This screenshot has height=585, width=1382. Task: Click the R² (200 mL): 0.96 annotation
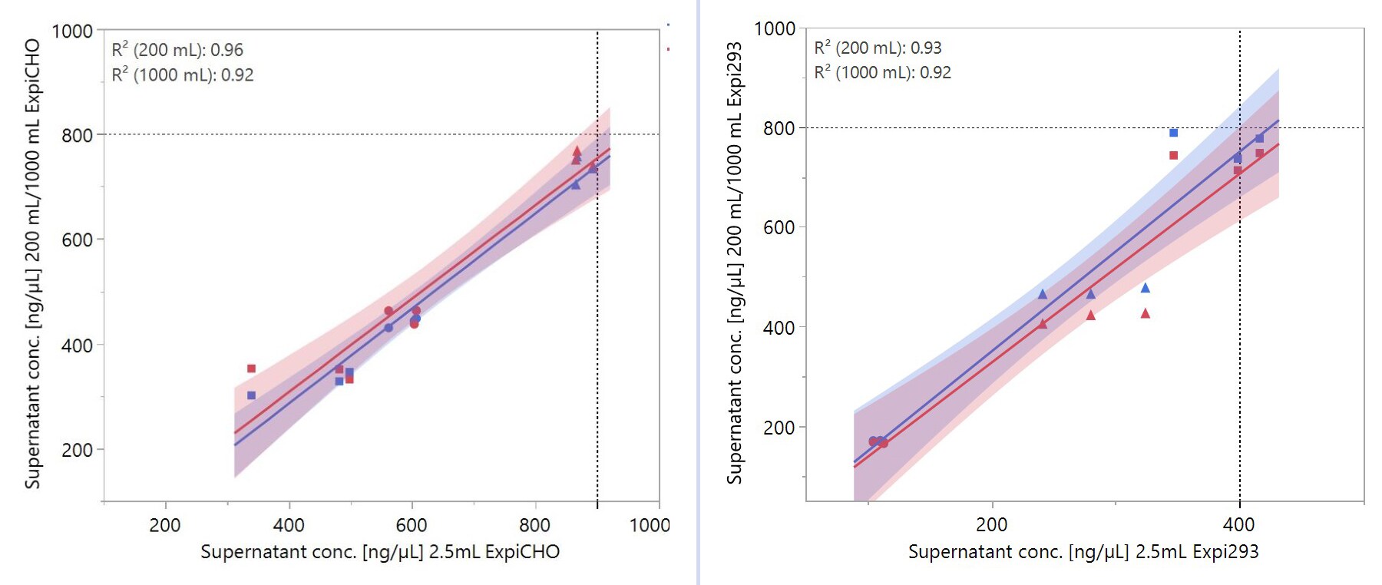point(177,50)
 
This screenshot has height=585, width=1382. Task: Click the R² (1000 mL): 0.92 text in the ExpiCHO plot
point(183,74)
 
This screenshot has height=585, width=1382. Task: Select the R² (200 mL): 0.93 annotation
point(878,48)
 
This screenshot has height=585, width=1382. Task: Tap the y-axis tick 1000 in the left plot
point(71,31)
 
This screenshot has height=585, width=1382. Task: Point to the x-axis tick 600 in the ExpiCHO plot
point(412,525)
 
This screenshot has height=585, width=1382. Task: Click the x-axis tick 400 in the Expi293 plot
point(1238,524)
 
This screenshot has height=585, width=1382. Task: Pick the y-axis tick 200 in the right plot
point(779,428)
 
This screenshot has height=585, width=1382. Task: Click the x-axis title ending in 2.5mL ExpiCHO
point(380,552)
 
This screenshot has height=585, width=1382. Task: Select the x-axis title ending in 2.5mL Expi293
point(1083,552)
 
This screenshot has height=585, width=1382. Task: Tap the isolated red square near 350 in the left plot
point(251,369)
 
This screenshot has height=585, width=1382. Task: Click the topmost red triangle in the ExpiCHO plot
point(577,151)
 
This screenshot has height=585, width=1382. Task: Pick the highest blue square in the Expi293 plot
point(1173,133)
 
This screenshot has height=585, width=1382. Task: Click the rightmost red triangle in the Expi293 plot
point(1145,313)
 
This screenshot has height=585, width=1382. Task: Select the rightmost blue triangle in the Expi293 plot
point(1145,288)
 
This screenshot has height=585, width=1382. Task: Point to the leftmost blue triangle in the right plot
point(1042,294)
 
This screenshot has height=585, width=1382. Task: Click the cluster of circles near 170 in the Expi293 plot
point(878,442)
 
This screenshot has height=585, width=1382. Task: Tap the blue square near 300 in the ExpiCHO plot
point(251,395)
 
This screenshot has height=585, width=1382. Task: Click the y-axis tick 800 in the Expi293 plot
point(779,128)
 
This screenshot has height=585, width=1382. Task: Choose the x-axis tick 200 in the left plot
point(165,525)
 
